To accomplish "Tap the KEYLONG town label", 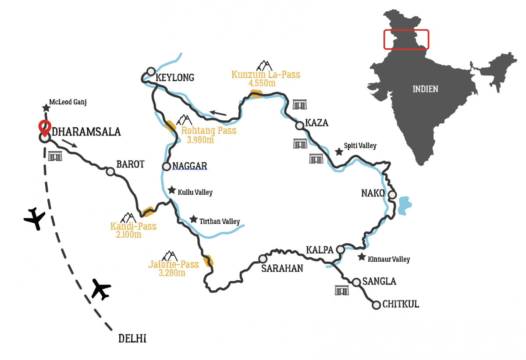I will click(175, 78).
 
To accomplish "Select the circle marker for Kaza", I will click(299, 126).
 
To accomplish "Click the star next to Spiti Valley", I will click(339, 152).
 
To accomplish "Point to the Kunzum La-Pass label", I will click(266, 75).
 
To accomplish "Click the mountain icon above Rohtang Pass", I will click(184, 120).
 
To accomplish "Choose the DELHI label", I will click(132, 339).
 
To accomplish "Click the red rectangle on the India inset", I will click(406, 39).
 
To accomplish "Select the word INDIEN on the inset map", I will click(425, 89).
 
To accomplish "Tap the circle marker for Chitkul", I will click(376, 305).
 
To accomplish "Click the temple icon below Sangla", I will click(342, 290).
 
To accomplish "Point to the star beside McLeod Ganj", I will click(46, 108).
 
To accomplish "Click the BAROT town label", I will click(130, 164).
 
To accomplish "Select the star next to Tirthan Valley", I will click(193, 219).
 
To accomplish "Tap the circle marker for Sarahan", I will click(263, 259).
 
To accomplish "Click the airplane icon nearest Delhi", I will click(101, 289).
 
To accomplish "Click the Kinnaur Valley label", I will click(389, 259).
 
